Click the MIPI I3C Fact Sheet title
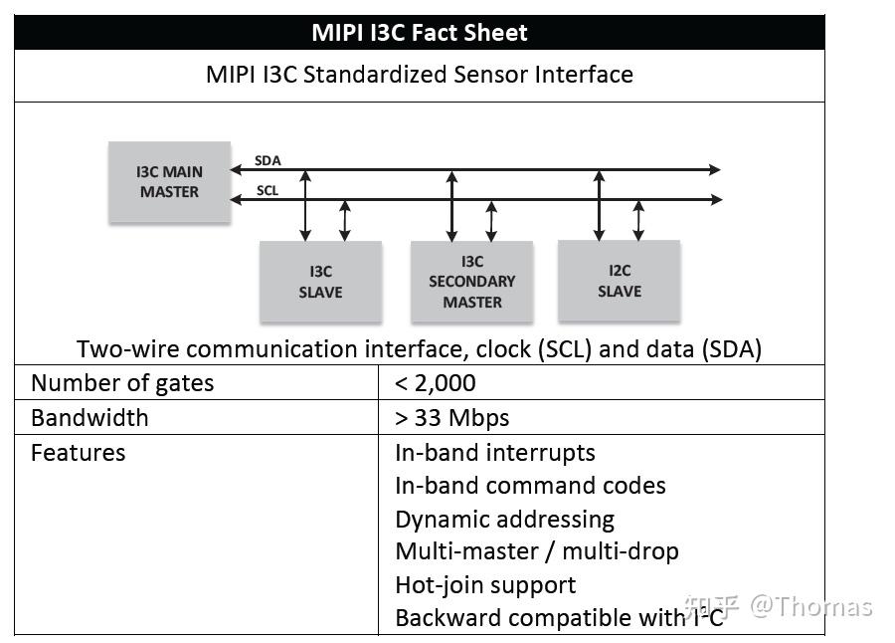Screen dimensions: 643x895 click(x=419, y=32)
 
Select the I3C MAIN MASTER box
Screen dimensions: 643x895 click(x=169, y=181)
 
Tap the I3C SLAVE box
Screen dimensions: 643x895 click(x=320, y=282)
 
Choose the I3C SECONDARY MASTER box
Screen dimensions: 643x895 click(x=471, y=282)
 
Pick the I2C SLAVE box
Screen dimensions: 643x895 click(x=619, y=281)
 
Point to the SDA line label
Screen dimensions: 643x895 click(x=268, y=160)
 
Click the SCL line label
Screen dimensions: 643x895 click(x=268, y=190)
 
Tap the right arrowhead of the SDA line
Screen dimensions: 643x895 click(x=715, y=170)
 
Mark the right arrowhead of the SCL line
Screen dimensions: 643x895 click(x=715, y=200)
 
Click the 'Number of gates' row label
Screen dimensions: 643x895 click(x=122, y=383)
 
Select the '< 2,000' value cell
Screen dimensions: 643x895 click(x=436, y=383)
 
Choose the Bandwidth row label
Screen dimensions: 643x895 click(x=89, y=417)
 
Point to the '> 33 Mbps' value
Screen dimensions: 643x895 click(x=452, y=417)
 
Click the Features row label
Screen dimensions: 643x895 click(x=79, y=453)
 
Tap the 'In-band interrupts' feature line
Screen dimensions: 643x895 click(x=495, y=453)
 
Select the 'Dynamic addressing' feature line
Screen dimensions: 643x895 click(x=504, y=520)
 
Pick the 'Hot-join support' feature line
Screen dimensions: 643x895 click(x=485, y=584)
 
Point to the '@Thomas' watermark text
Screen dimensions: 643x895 click(x=810, y=607)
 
